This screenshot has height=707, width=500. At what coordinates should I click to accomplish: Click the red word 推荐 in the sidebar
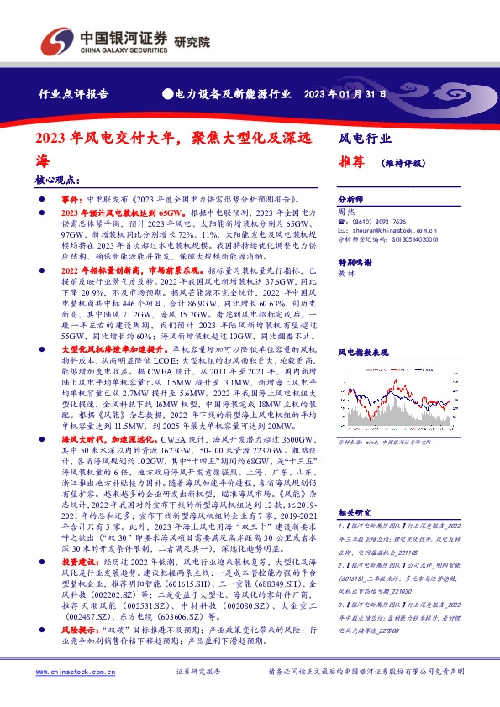click(x=351, y=164)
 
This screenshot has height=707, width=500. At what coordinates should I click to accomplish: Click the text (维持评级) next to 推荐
click(x=404, y=165)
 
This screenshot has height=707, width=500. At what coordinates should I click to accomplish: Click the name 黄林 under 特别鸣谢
click(x=345, y=274)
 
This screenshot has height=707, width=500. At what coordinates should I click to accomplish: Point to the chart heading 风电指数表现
click(x=362, y=353)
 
